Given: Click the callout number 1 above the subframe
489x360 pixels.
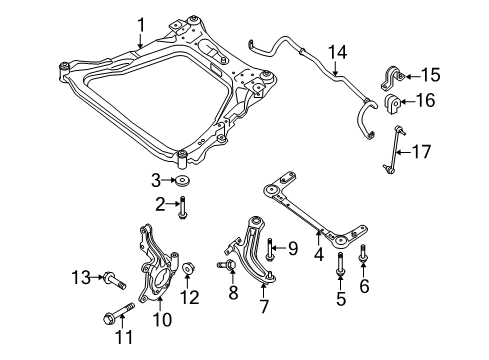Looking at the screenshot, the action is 141,25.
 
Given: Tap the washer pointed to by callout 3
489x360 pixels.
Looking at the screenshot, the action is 182,181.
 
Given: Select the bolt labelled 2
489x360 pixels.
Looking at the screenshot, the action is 182,208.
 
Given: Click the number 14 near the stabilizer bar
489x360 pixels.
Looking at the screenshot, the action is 338,53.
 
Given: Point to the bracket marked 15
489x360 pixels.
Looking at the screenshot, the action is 393,79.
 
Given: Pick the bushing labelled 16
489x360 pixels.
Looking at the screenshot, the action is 393,104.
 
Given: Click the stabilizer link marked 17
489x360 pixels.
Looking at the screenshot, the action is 394,149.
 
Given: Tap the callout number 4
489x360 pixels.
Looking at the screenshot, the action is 319,255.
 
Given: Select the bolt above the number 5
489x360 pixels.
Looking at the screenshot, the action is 340,264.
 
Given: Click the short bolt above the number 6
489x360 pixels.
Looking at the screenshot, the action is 362,254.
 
